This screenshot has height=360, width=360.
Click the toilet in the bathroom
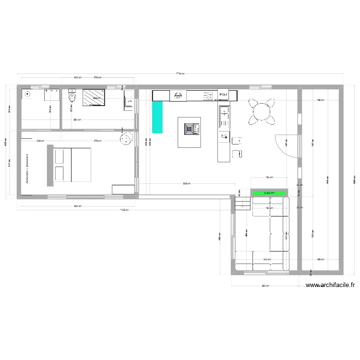[x=72, y=97]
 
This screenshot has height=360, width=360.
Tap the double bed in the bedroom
[x=72, y=165]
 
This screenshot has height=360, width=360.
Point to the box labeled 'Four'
[x=224, y=95]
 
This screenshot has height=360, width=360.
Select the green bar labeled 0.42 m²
[x=270, y=193]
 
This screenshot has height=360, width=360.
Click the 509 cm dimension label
[x=186, y=183]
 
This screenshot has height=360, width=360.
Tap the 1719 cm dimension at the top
[x=180, y=73]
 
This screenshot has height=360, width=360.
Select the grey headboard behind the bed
[x=49, y=166]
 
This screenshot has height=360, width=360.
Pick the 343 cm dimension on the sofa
[x=266, y=259]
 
